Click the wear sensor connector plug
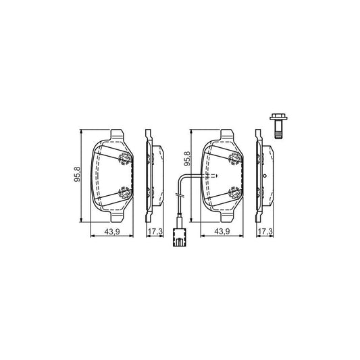[x=179, y=236]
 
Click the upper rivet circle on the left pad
[x=124, y=159]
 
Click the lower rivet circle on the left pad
[x=124, y=192]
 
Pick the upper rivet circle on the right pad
[x=235, y=159]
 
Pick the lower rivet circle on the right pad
[x=235, y=192]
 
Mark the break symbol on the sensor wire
[x=178, y=195]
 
